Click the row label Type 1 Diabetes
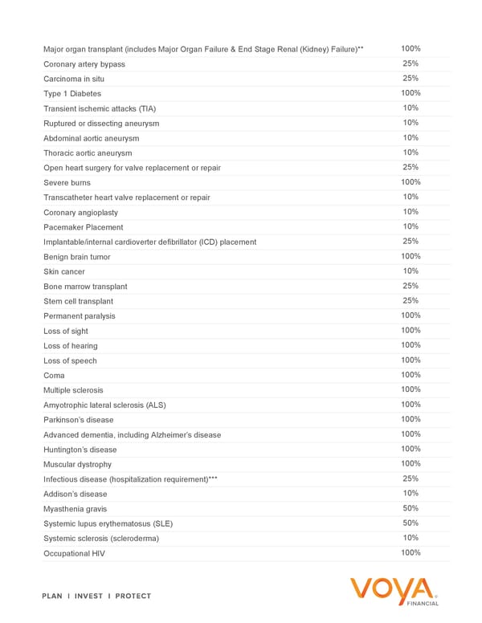coord(72,94)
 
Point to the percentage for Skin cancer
coord(411,271)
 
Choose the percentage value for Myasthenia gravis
coord(411,508)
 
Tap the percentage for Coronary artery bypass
coord(411,63)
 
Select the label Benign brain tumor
coord(77,257)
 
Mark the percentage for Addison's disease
coord(411,493)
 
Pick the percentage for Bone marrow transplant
coord(411,286)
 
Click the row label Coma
coord(54,376)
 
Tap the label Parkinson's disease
coord(79,420)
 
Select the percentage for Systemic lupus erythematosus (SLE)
coord(411,523)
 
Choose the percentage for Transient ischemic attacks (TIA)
coord(411,108)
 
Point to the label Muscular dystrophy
coord(78,464)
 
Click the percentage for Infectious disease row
coord(411,478)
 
